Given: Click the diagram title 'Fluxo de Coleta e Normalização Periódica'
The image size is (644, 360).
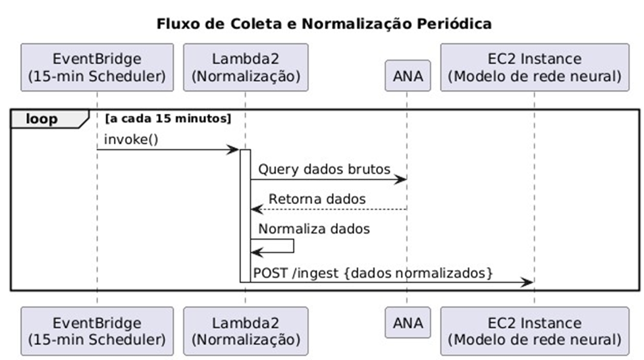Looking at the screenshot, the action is point(324,24).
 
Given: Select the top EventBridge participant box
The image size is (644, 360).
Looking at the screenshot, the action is point(97,67).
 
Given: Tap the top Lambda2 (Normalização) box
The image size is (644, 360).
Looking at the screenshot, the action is point(246,67).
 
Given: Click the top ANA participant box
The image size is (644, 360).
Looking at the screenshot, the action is point(408,76).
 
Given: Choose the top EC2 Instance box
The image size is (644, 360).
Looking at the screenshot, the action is point(535,67).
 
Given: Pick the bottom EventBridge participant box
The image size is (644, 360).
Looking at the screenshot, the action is point(97,331).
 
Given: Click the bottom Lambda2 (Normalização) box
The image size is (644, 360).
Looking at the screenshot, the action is point(246,331).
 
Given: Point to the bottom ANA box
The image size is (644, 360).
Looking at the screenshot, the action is point(408,322).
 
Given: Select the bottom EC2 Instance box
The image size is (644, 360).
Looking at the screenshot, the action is point(535,331).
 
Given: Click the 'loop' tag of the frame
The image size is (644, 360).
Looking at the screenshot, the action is point(42,119).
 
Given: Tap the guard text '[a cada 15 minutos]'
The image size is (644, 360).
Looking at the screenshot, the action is point(169,118).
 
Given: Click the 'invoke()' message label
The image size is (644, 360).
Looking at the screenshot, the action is point(131,140).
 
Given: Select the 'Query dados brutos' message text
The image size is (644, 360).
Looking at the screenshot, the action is point(324,169).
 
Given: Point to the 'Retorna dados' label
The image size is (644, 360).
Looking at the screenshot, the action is point(317,199).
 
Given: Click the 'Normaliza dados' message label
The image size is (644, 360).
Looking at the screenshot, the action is point(314,228).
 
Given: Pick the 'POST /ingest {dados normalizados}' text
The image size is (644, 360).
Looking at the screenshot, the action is point(373,273).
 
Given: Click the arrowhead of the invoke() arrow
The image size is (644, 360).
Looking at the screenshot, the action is point(233,150).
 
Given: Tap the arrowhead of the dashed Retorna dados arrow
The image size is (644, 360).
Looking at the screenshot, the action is point(257,209).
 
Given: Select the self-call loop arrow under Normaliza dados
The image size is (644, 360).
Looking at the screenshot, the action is point(273,246).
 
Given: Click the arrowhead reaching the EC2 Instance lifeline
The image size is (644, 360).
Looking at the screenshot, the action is point(527,282).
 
